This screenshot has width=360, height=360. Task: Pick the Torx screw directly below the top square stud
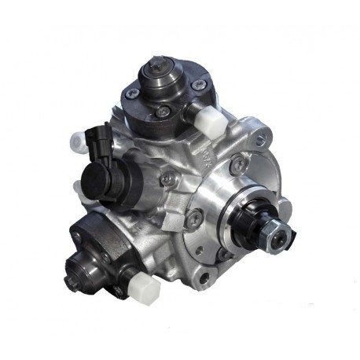pyautogui.click(x=162, y=112)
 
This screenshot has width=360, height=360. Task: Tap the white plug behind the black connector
pyautogui.click(x=77, y=140)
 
